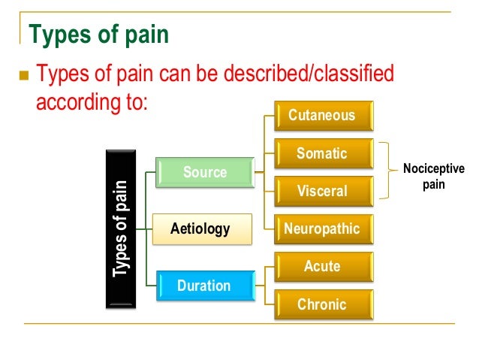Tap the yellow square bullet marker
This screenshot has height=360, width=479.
[x=21, y=76]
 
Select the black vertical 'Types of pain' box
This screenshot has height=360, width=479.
[x=119, y=228]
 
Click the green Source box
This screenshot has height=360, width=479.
[x=204, y=172]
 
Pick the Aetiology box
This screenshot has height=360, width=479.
[x=200, y=228]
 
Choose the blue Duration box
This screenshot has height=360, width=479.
[x=203, y=286]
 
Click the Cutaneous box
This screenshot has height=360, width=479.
[x=321, y=116]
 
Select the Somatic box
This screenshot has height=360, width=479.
[x=321, y=153]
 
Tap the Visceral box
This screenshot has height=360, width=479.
[x=321, y=191]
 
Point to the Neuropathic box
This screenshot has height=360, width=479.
[x=321, y=228]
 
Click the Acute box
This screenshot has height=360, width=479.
[x=321, y=266]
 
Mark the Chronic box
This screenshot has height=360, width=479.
[x=321, y=304]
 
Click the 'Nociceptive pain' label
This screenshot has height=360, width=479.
[x=433, y=176]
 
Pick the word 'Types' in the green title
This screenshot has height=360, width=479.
[x=56, y=35]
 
